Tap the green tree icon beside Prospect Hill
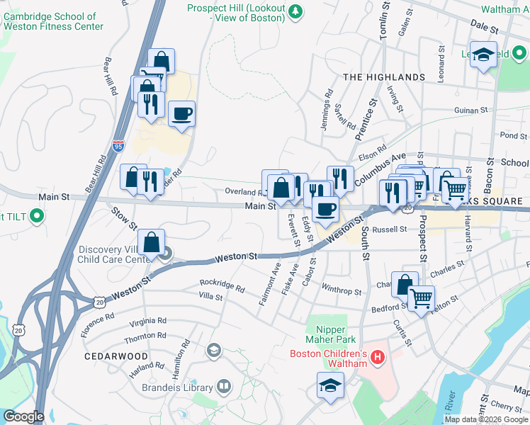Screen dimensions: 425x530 tap(297, 8)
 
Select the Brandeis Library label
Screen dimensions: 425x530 tap(177, 387)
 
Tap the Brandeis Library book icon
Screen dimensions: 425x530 tap(224, 386)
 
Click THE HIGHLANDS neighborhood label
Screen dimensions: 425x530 tap(384, 76)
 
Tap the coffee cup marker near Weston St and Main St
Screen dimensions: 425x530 tap(325, 209)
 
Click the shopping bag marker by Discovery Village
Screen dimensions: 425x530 tap(152, 243)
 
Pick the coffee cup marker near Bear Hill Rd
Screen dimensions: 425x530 tap(182, 113)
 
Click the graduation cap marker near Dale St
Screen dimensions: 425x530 tap(484, 55)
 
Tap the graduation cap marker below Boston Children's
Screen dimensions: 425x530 tap(329, 386)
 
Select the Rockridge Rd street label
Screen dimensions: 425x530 tap(222, 287)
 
